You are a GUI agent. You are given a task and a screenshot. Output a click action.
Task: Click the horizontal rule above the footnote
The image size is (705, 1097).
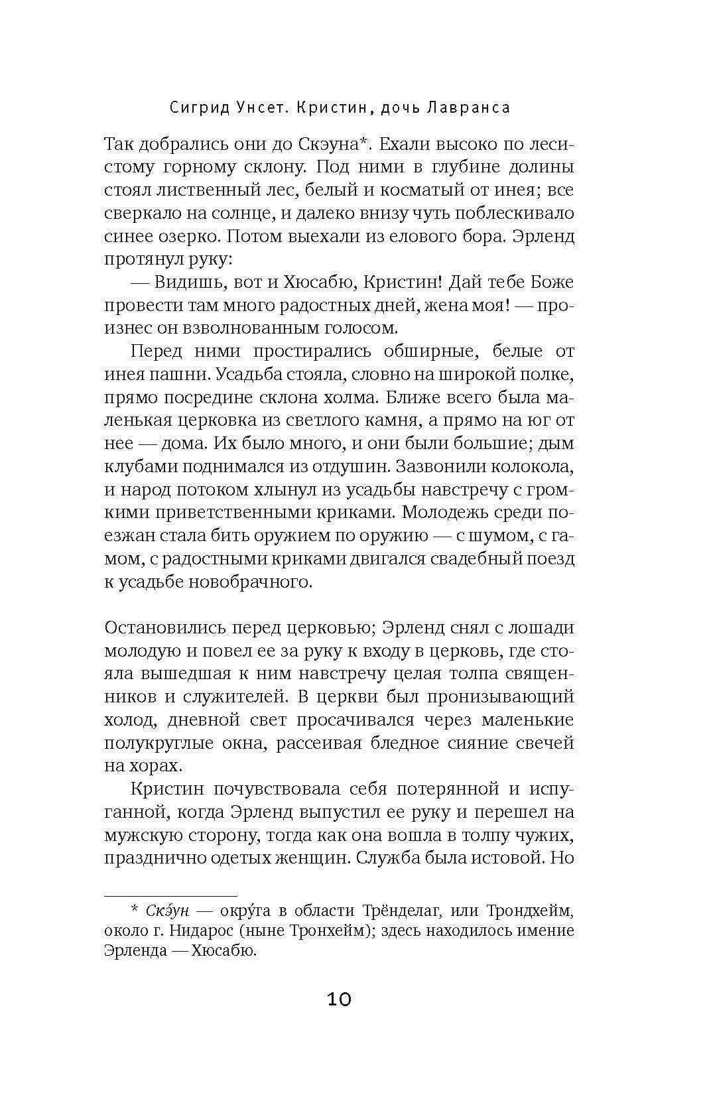170,894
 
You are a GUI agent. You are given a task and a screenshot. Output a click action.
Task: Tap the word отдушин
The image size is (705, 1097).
344,466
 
